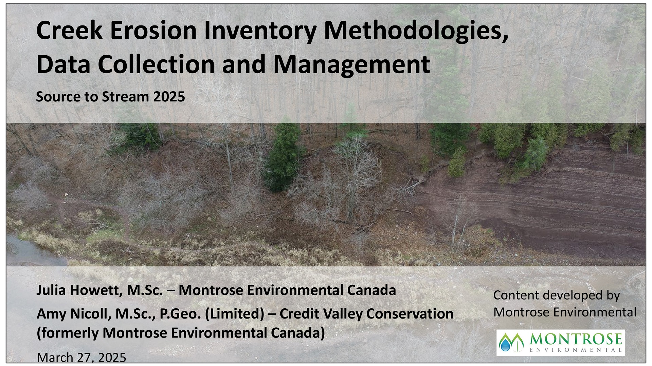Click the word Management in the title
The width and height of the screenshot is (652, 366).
point(351,64)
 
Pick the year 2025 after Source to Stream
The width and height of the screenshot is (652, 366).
point(169,97)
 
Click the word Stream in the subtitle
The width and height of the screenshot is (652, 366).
point(125,97)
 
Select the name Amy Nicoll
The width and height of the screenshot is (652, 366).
point(74,314)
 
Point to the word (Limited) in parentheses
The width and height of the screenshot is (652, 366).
point(235,314)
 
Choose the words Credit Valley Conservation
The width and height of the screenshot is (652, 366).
point(366,314)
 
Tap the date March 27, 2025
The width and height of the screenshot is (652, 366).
point(81,357)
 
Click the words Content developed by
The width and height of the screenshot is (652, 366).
point(556,295)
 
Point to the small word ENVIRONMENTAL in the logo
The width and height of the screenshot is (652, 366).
point(575,350)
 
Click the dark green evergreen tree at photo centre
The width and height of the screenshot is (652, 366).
point(284,159)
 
